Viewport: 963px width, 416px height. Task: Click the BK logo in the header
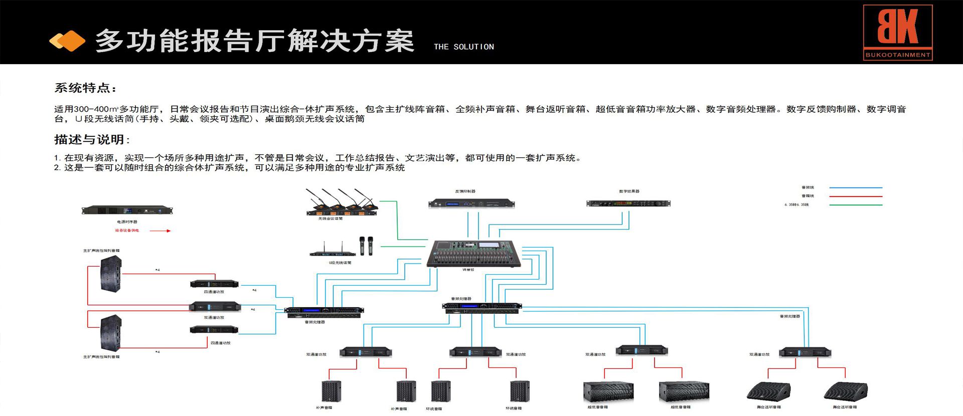click(x=897, y=32)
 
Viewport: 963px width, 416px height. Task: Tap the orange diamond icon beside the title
click(x=67, y=41)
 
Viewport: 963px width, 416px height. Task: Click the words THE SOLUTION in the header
click(x=463, y=47)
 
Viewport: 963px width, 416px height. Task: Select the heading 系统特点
click(x=85, y=88)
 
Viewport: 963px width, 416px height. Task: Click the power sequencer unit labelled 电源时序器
click(x=127, y=210)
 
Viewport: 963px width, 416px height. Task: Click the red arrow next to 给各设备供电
click(x=160, y=231)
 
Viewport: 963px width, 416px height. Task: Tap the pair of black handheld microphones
click(x=366, y=245)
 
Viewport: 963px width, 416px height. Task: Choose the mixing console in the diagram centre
click(x=474, y=254)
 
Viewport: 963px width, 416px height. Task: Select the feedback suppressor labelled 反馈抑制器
click(x=471, y=203)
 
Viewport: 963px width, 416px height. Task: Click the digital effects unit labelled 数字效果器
click(x=628, y=203)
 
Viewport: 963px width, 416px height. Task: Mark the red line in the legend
click(x=856, y=196)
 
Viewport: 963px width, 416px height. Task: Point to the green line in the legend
click(x=856, y=204)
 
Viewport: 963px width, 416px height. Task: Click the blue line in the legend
click(x=856, y=187)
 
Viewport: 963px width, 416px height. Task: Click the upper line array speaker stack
click(x=111, y=273)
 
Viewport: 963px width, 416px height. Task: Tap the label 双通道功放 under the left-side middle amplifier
click(x=214, y=317)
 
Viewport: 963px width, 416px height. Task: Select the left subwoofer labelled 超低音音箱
click(x=608, y=391)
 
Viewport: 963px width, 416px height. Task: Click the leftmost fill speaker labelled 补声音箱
click(x=331, y=391)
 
